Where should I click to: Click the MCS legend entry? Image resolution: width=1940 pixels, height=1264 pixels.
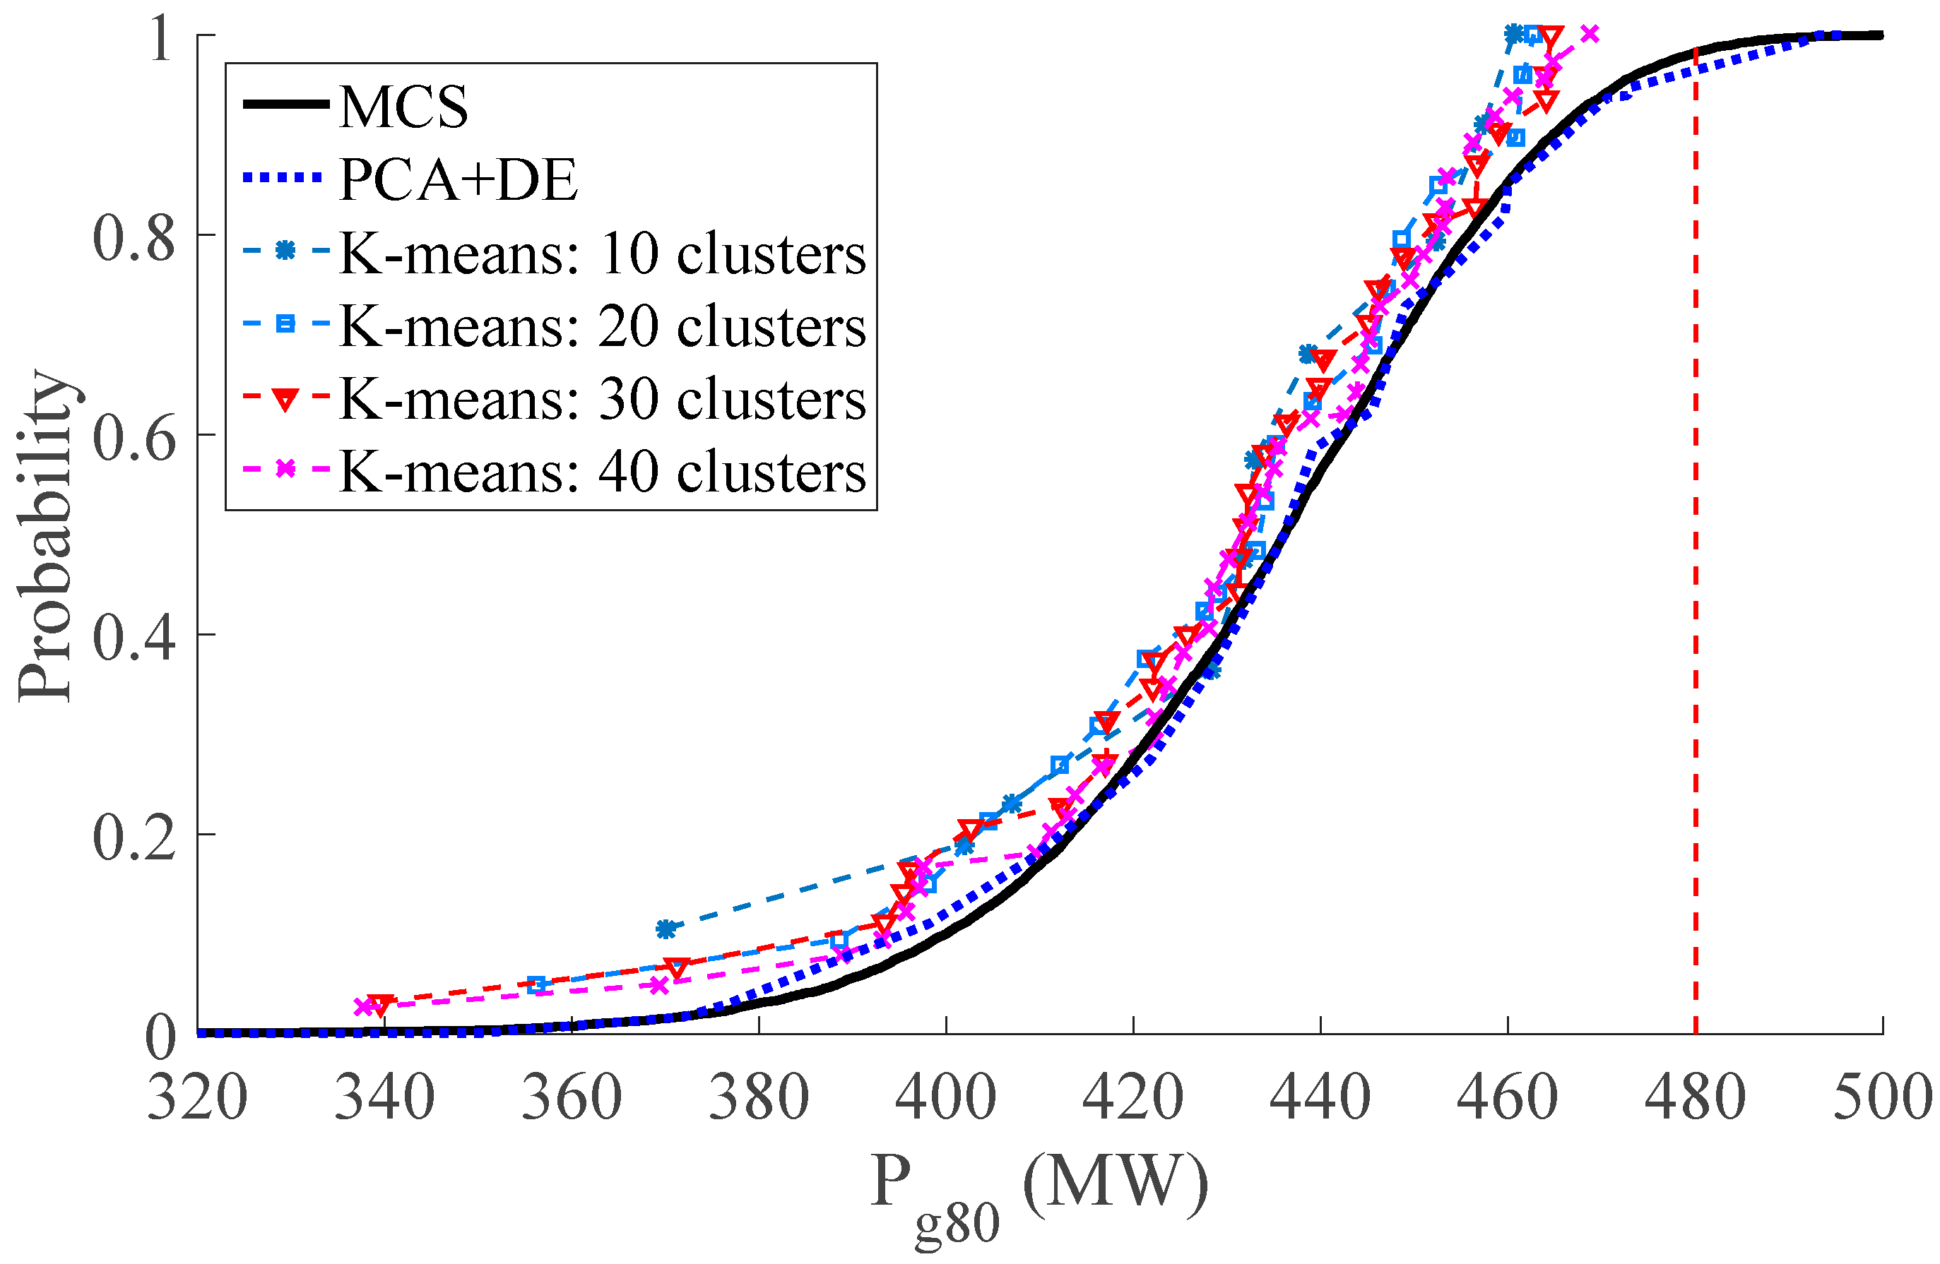point(403,107)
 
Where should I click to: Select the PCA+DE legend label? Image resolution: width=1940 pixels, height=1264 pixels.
point(458,179)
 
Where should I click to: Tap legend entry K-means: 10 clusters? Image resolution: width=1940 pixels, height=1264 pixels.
point(601,254)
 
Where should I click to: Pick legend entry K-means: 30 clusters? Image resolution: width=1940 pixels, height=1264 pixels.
point(601,398)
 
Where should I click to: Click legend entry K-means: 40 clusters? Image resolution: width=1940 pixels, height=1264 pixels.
point(601,471)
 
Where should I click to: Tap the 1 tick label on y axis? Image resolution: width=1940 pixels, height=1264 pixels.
point(160,37)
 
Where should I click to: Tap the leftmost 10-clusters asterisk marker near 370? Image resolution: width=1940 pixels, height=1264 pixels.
point(666,929)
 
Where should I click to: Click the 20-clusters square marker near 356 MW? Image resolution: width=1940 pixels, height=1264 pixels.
point(536,984)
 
